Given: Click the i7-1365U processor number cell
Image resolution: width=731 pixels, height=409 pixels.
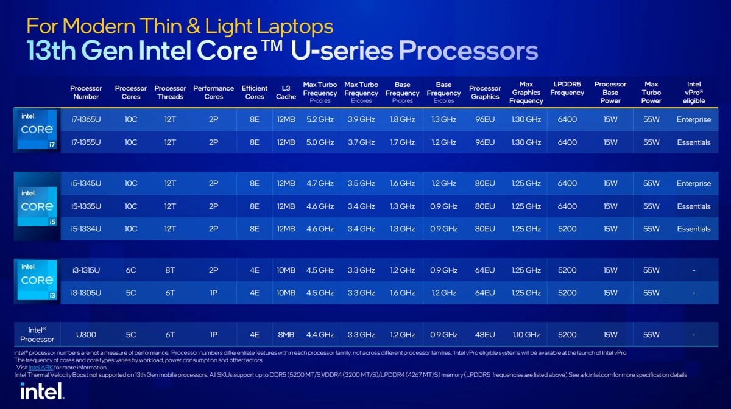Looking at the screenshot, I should click(x=86, y=119).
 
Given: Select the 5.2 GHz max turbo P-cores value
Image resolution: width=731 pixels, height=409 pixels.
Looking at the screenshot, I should click(x=320, y=119).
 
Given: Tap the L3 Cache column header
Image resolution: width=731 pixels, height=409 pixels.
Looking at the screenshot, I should click(x=286, y=93).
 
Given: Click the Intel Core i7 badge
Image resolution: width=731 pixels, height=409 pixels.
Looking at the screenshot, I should click(x=37, y=130).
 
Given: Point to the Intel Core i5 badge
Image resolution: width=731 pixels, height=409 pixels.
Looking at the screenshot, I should click(x=37, y=206).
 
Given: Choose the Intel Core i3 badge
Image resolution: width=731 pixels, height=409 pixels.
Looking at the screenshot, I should click(x=37, y=281).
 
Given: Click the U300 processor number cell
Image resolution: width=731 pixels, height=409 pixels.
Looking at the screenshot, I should click(x=86, y=334).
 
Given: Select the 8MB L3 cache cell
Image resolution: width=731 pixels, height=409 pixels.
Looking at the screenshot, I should click(x=286, y=334).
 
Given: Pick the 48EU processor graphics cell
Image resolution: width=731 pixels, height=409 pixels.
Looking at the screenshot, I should click(x=485, y=334).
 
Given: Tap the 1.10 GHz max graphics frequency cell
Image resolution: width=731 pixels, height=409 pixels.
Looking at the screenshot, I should click(x=526, y=334).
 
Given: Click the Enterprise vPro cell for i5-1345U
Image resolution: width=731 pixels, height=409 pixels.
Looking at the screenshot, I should click(x=693, y=183).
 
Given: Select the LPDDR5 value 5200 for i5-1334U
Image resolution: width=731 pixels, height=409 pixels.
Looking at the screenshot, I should click(x=567, y=229).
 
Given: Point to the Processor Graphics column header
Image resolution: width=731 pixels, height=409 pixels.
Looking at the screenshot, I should click(x=485, y=93).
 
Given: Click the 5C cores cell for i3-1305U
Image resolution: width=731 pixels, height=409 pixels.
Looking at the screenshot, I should click(x=131, y=293).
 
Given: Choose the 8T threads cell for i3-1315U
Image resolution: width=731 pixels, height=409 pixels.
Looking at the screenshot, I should click(x=171, y=270).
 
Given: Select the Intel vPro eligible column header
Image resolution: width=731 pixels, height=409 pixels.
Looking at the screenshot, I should click(x=693, y=93).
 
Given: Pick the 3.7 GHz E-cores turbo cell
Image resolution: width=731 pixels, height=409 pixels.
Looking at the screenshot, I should click(x=361, y=142).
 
